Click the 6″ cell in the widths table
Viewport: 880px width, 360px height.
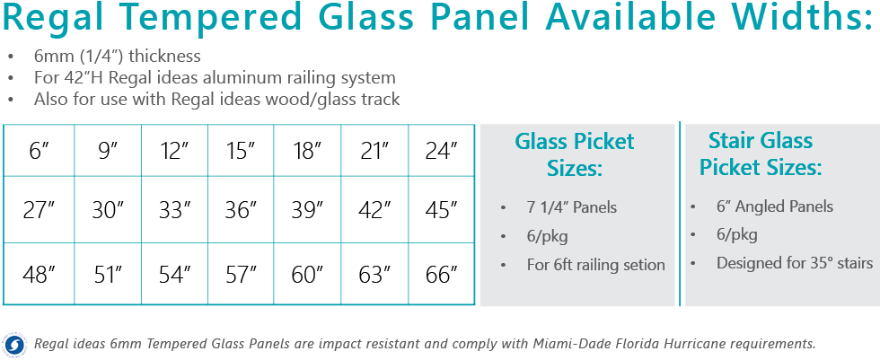pyautogui.click(x=40, y=151)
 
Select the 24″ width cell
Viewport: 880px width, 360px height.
pyautogui.click(x=441, y=151)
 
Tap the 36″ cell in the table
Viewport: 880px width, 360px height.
pyautogui.click(x=241, y=210)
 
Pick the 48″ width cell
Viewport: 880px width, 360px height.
pyautogui.click(x=40, y=275)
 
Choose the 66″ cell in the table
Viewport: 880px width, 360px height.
pyautogui.click(x=441, y=275)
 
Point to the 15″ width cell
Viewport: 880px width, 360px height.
pyautogui.click(x=241, y=151)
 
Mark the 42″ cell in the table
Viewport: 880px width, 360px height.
pyautogui.click(x=374, y=210)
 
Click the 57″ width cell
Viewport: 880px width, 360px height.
pyautogui.click(x=241, y=275)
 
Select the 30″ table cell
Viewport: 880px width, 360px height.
pyautogui.click(x=108, y=210)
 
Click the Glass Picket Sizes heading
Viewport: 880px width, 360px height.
pyautogui.click(x=574, y=154)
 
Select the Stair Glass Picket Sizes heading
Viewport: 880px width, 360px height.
pyautogui.click(x=761, y=154)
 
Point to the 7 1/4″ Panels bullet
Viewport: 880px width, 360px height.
pyautogui.click(x=571, y=207)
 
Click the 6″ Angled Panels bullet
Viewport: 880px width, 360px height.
pyautogui.click(x=774, y=206)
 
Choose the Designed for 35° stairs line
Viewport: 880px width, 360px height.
pyautogui.click(x=794, y=263)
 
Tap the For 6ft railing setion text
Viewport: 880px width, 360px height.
pyautogui.click(x=595, y=264)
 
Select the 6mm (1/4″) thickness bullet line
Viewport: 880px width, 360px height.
pyautogui.click(x=117, y=57)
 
